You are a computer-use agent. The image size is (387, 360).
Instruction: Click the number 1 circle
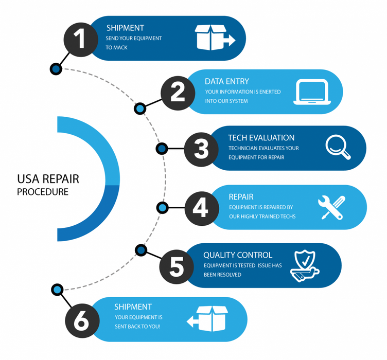(81, 39)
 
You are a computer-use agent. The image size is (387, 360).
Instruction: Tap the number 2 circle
(178, 93)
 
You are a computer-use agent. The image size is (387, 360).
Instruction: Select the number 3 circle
(201, 149)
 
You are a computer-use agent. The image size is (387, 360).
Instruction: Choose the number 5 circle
(176, 266)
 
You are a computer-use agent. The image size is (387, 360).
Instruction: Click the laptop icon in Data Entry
(310, 92)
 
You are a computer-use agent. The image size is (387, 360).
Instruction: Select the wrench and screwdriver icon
(331, 208)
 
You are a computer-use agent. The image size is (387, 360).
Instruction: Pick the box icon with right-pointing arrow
(214, 38)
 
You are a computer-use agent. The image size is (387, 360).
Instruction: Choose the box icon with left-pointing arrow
(208, 319)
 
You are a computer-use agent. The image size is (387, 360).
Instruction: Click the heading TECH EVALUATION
(261, 138)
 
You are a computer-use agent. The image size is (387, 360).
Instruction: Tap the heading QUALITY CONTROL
(238, 255)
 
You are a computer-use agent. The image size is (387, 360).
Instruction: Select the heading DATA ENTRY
(226, 81)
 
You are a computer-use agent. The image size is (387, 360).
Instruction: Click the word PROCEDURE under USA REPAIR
(42, 192)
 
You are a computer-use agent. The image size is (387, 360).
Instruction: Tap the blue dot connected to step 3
(162, 149)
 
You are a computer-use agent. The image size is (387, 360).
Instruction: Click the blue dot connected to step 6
(57, 290)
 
